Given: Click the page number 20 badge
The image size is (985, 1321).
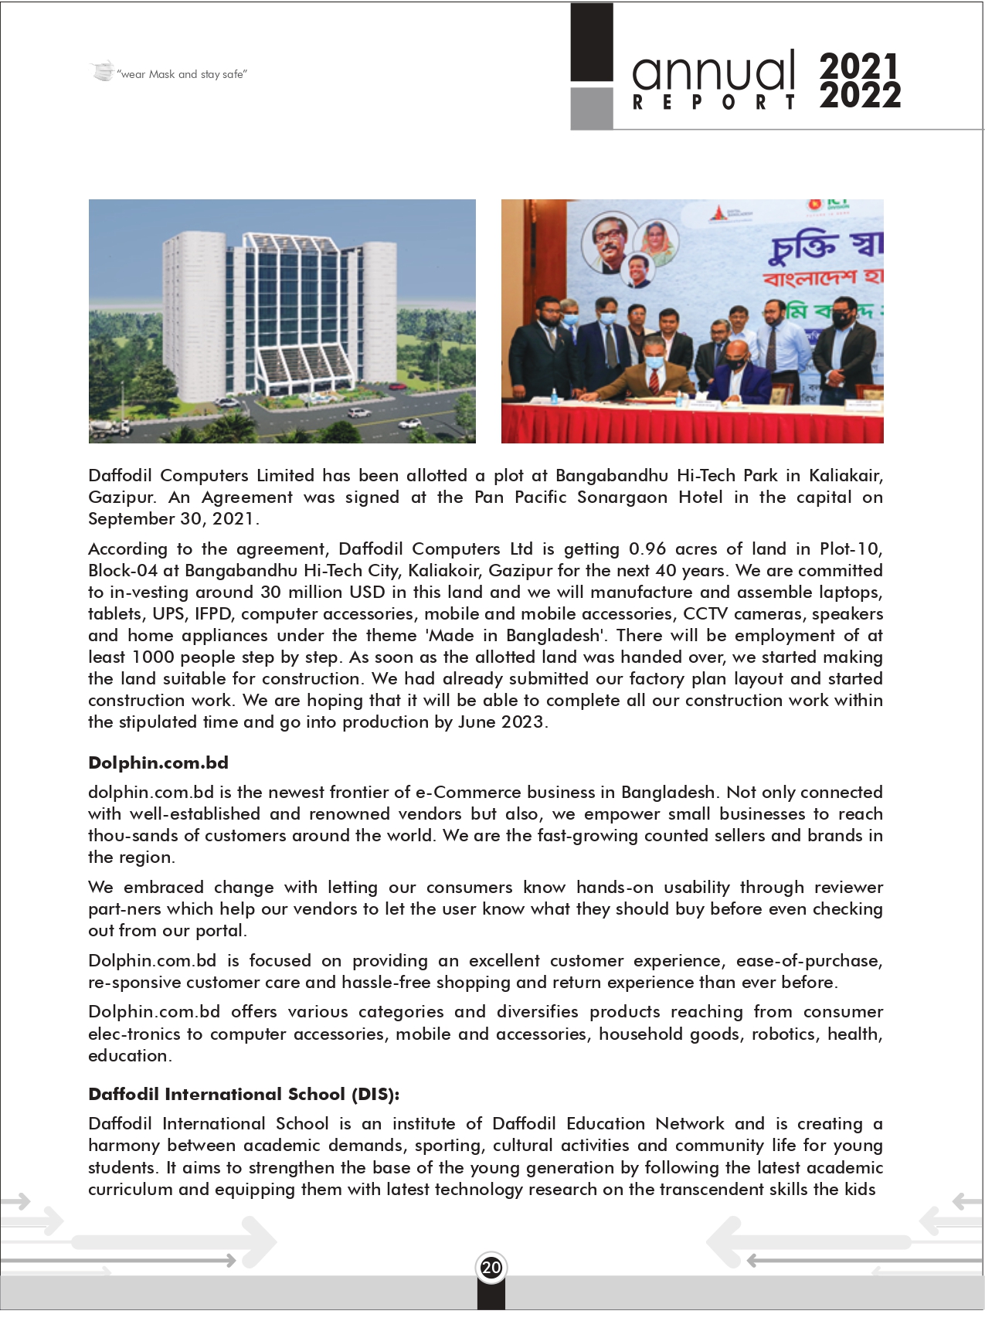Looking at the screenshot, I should pos(491,1267).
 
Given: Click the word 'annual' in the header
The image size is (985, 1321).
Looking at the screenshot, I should pos(713,71).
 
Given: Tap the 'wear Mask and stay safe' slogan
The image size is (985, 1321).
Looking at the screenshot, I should pos(182,74).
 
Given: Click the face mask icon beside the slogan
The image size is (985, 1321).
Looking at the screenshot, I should pos(102,72).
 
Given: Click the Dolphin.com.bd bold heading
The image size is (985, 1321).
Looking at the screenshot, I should pos(158,762).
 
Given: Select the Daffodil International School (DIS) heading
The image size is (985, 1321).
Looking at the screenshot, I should pos(243,1094).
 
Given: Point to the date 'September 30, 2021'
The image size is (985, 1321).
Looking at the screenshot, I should pos(172,519).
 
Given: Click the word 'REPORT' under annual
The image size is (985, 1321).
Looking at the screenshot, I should pos(713,103).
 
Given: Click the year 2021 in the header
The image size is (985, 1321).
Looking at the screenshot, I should pos(859,66).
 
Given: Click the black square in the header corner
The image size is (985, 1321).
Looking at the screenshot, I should pos(592,42).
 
